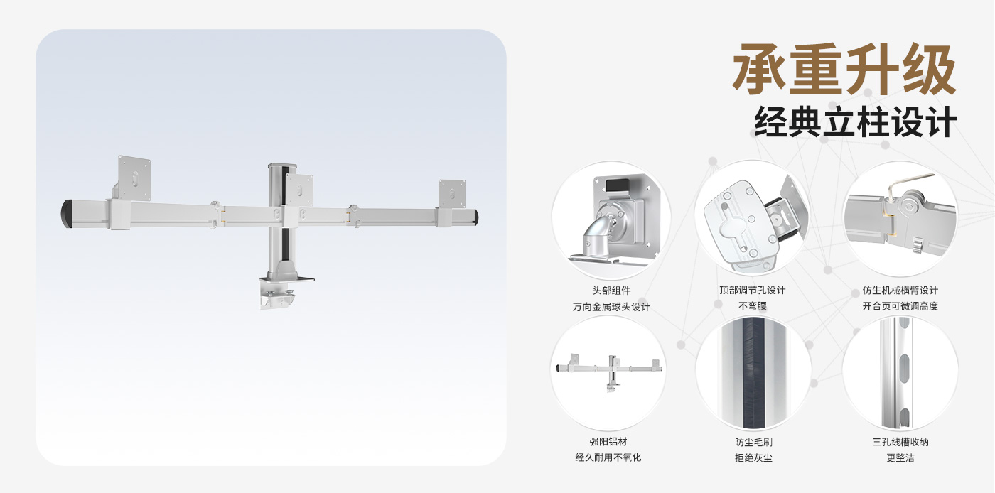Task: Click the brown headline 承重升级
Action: click(x=844, y=70)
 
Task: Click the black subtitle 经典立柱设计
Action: click(x=855, y=121)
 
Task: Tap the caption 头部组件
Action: click(x=611, y=291)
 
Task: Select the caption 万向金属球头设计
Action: click(x=611, y=307)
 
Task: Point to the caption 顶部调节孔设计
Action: click(x=753, y=291)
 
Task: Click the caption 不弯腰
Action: click(x=753, y=306)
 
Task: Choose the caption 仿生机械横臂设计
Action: click(x=900, y=291)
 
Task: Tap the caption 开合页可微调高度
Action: click(x=900, y=306)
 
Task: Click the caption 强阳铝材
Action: click(x=608, y=441)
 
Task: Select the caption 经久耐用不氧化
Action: click(x=608, y=457)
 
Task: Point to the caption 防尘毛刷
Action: click(x=753, y=442)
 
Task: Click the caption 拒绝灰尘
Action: click(x=753, y=458)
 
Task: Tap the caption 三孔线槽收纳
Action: click(x=900, y=442)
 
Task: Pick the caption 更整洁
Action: click(x=900, y=458)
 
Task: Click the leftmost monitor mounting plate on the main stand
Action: click(x=134, y=178)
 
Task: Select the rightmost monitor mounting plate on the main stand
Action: click(x=452, y=194)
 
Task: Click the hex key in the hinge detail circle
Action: click(x=906, y=183)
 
